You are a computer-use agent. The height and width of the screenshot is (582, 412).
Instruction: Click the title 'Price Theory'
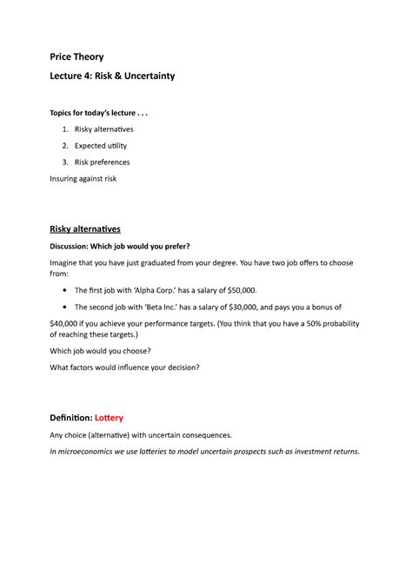point(76,57)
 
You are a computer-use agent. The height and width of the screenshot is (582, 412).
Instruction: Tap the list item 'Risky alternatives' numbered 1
point(105,129)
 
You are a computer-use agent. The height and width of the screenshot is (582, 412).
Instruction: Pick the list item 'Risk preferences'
point(103,162)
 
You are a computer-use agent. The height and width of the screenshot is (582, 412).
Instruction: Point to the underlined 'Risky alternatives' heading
point(85,228)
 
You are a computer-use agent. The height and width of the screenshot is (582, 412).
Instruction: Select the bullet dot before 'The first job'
point(67,290)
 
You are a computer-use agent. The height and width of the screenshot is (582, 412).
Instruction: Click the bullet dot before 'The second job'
point(67,307)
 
